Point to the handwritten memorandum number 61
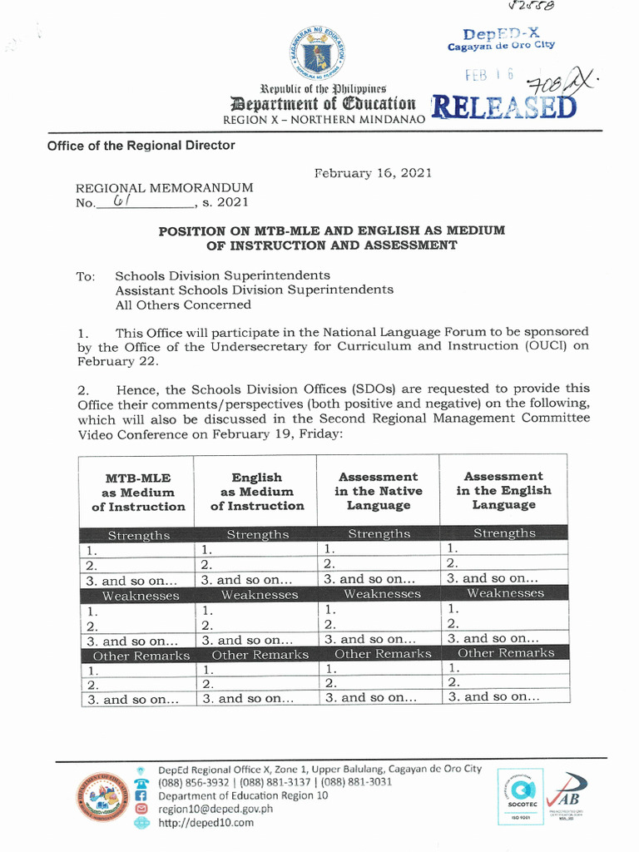(121, 201)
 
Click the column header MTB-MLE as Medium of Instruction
(138, 492)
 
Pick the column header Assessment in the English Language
(503, 490)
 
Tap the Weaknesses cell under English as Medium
(259, 595)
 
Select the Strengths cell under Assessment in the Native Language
(379, 534)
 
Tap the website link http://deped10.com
(206, 823)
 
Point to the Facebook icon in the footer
(141, 795)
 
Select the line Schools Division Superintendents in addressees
(222, 275)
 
